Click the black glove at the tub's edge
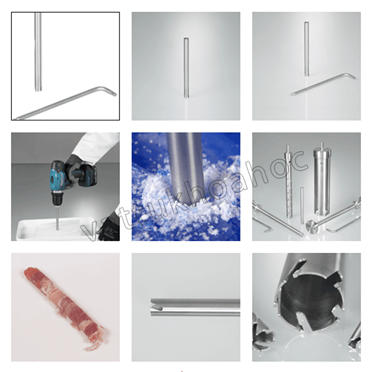pyautogui.click(x=109, y=223)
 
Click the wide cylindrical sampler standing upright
pyautogui.click(x=320, y=171)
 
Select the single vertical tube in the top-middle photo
pyautogui.click(x=186, y=67)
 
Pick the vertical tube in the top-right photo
pyautogui.click(x=306, y=48)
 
